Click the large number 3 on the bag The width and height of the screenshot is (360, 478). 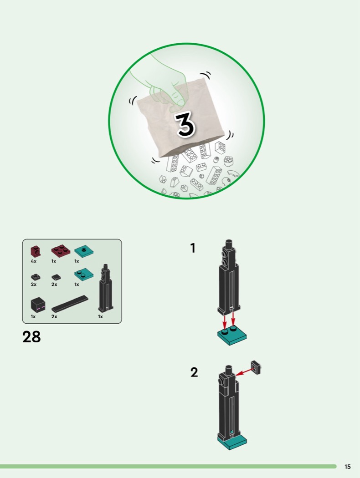tap(185, 124)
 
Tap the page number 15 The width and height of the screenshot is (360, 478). tap(348, 467)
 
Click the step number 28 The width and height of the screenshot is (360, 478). tap(31, 337)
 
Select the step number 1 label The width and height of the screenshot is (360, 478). tap(192, 248)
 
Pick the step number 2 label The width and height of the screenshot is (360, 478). tap(194, 372)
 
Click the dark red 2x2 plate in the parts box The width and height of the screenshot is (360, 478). tap(61, 250)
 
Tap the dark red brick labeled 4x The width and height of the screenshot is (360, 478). tap(36, 251)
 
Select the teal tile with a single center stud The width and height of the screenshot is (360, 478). tap(84, 251)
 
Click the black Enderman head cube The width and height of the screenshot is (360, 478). tap(38, 305)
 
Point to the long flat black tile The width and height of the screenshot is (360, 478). tap(70, 304)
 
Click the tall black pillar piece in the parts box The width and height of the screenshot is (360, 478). tap(106, 288)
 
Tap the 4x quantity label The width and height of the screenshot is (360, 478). tap(34, 261)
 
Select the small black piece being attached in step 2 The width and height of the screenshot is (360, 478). tap(256, 367)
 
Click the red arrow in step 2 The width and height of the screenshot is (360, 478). tap(246, 372)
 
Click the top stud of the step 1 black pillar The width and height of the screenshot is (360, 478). tap(229, 244)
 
